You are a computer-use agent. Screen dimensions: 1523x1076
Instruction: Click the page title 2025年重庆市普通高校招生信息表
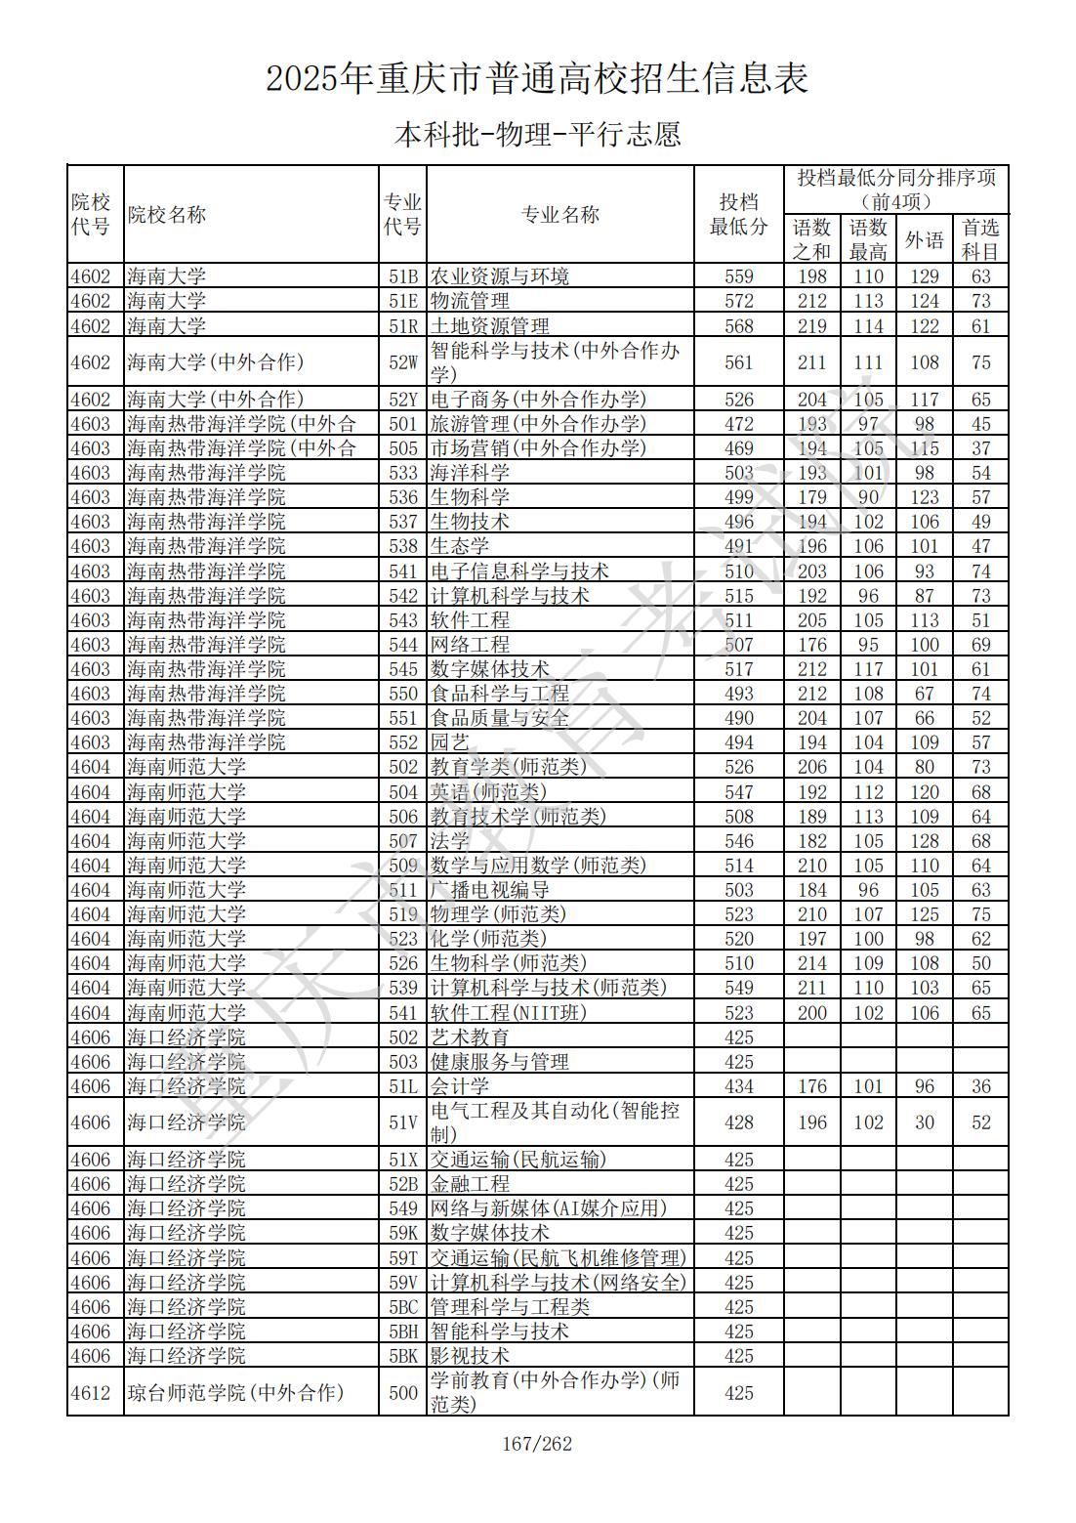tap(537, 78)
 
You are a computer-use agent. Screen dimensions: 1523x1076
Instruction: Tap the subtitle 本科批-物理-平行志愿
tap(537, 134)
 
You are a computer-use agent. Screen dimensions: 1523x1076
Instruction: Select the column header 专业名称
tap(559, 215)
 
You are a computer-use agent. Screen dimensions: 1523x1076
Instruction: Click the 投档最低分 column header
tap(738, 215)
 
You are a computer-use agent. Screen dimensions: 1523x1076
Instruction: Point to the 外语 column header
tap(924, 239)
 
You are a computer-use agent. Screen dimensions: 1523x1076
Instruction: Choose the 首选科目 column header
tap(980, 239)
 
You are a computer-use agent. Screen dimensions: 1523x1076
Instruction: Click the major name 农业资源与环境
tap(500, 276)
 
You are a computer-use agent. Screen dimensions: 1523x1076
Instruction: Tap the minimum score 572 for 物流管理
tap(738, 301)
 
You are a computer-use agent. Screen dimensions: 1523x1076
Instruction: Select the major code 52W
tap(402, 362)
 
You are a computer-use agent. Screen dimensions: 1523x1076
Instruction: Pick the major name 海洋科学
tap(470, 473)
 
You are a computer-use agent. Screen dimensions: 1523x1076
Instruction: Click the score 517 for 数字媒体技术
tap(738, 669)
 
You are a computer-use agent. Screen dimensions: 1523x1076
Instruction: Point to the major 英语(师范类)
tap(488, 792)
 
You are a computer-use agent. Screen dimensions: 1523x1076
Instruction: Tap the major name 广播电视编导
tap(490, 890)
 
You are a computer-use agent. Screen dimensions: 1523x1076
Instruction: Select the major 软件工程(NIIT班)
tap(509, 1013)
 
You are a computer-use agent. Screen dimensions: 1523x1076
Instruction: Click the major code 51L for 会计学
tap(402, 1086)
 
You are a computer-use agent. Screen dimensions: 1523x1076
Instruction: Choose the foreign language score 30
tap(924, 1122)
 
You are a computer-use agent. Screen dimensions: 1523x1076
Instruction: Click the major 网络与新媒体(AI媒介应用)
tap(549, 1208)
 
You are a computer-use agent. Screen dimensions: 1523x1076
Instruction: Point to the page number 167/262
tap(537, 1444)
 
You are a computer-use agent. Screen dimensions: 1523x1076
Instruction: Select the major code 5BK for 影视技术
tap(402, 1356)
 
